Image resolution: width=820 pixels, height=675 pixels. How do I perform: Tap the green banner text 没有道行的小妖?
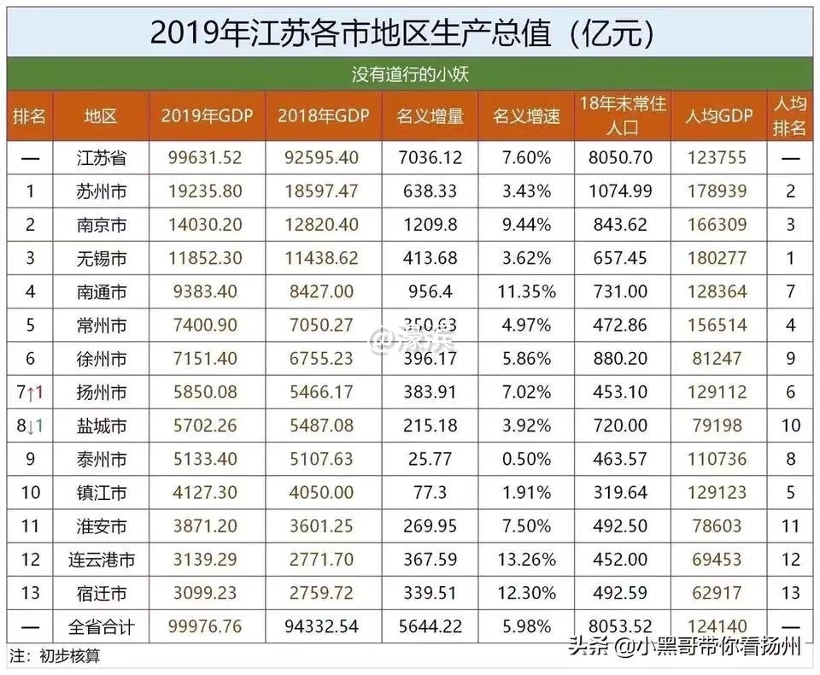(x=410, y=74)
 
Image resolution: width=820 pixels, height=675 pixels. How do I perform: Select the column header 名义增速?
(x=526, y=116)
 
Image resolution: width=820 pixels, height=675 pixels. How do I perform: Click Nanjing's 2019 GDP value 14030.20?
(x=207, y=225)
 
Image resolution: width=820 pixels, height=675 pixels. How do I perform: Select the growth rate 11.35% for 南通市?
(x=526, y=291)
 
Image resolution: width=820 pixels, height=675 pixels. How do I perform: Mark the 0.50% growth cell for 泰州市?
(x=526, y=459)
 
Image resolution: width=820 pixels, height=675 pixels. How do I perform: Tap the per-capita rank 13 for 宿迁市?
(x=791, y=593)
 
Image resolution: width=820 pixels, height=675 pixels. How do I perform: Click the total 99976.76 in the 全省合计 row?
(x=207, y=627)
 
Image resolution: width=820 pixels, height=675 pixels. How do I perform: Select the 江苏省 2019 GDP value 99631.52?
(x=207, y=158)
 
